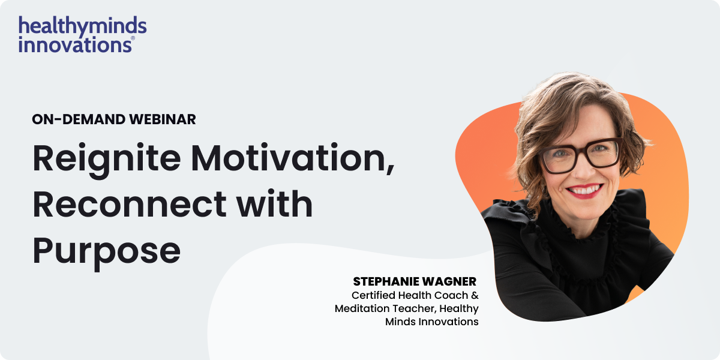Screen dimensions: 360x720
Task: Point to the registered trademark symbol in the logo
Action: pyautogui.click(x=133, y=38)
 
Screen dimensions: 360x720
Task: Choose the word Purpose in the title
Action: pyautogui.click(x=106, y=251)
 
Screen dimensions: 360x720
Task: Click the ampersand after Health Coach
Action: pyautogui.click(x=474, y=295)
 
